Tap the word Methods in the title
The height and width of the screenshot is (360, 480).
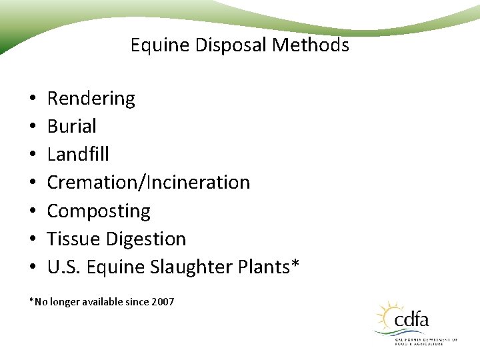(315, 45)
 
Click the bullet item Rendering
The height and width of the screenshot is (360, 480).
(91, 99)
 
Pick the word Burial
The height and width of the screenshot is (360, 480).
(71, 126)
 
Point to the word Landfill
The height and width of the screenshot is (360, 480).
(78, 154)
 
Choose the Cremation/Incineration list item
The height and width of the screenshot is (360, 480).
(148, 182)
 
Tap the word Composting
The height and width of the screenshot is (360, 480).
(99, 211)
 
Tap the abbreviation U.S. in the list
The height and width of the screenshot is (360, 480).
(62, 267)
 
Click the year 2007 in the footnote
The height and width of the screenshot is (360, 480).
(163, 302)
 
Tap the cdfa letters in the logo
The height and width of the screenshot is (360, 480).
(412, 320)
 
